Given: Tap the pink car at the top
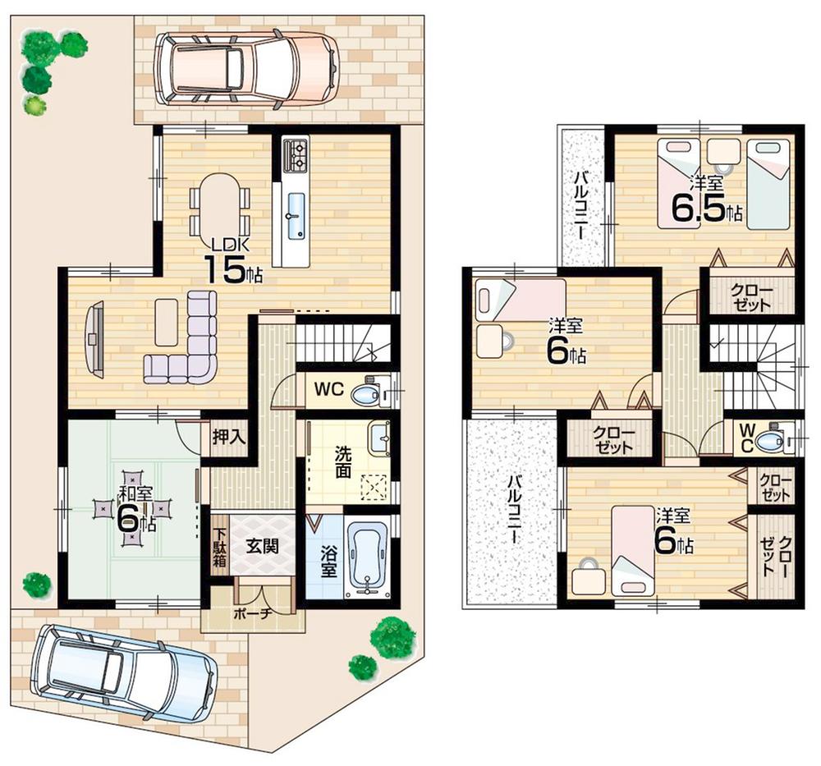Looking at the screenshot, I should (246, 67).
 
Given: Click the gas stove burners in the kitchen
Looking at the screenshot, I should (296, 155).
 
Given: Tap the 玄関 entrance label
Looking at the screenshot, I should (262, 544).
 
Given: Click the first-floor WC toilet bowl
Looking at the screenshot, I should (365, 395).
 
